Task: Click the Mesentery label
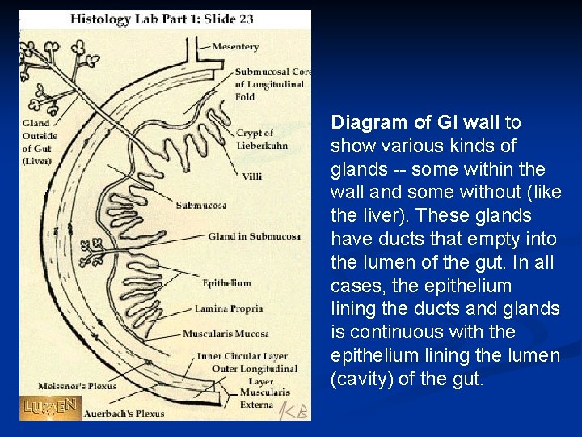[235, 47]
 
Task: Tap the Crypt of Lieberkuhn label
[255, 138]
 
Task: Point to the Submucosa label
[201, 206]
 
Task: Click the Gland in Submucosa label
[254, 236]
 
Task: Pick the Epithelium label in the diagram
[226, 283]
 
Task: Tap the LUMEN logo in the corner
[50, 406]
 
